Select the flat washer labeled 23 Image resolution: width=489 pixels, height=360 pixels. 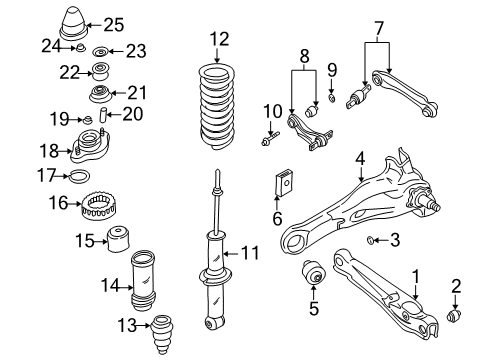(100, 51)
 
